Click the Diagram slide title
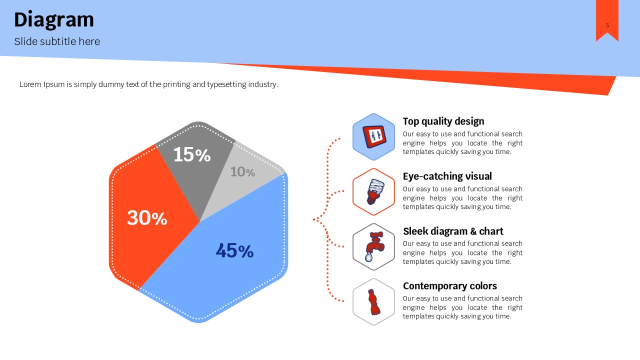[54, 20]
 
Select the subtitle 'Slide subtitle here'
[57, 41]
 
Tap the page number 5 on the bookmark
[607, 25]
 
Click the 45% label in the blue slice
[234, 250]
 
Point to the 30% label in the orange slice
[147, 217]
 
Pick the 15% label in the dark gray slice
[192, 154]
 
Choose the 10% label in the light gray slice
[242, 172]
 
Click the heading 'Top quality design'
[443, 121]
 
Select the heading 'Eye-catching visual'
[447, 176]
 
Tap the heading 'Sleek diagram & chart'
[453, 231]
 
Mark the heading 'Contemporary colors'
[450, 286]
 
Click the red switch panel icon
[374, 136]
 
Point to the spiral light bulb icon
[375, 191]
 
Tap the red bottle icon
[373, 301]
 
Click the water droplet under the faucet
[368, 257]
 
